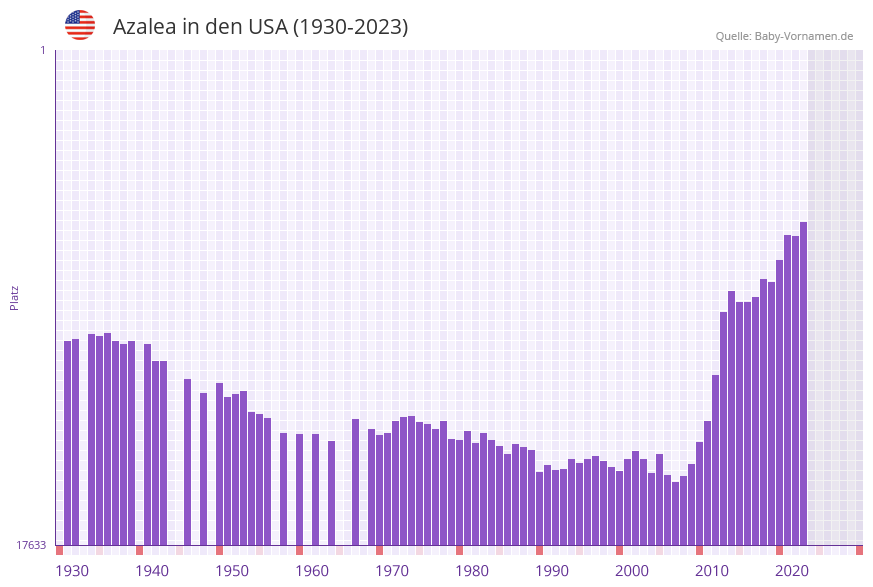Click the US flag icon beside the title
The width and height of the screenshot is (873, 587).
tap(80, 25)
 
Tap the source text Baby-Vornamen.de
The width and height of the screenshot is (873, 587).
tap(804, 36)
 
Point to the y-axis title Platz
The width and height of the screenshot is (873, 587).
tap(15, 297)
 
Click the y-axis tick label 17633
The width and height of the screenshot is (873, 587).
tap(31, 545)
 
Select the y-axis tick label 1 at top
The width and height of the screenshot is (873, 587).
tap(42, 50)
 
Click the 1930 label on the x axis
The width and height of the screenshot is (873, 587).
tap(72, 571)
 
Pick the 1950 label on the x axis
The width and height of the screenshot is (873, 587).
tap(232, 571)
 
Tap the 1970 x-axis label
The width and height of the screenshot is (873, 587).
tap(392, 571)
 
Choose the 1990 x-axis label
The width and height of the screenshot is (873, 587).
tap(552, 571)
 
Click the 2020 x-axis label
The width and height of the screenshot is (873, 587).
tap(792, 571)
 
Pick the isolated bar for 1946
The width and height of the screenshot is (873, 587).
tap(203, 469)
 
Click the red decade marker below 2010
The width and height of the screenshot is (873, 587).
tap(699, 550)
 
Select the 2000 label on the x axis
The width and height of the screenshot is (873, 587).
tap(632, 571)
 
